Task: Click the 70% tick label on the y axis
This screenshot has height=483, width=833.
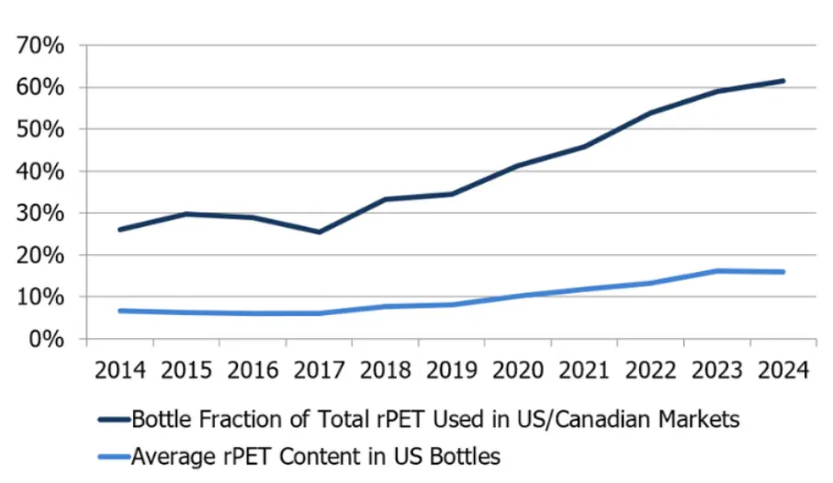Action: [39, 45]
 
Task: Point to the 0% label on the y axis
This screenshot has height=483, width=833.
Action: [46, 339]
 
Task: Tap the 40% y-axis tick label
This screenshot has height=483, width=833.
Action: [39, 171]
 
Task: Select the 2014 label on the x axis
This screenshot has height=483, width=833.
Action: [120, 371]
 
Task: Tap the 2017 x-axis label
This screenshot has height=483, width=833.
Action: [320, 371]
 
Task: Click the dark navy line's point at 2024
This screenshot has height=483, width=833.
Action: [782, 81]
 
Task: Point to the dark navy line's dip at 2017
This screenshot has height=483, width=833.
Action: [319, 231]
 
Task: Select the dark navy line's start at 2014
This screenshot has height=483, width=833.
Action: [120, 230]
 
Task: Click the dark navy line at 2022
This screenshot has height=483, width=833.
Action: [650, 113]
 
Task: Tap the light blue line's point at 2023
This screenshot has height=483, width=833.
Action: [716, 271]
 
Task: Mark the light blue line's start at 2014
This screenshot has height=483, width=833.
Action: [120, 310]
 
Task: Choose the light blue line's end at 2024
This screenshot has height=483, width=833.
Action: [782, 272]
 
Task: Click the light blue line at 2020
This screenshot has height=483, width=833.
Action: [518, 296]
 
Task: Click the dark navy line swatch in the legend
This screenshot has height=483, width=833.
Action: [113, 421]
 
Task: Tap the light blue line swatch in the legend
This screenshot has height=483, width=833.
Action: [113, 455]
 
